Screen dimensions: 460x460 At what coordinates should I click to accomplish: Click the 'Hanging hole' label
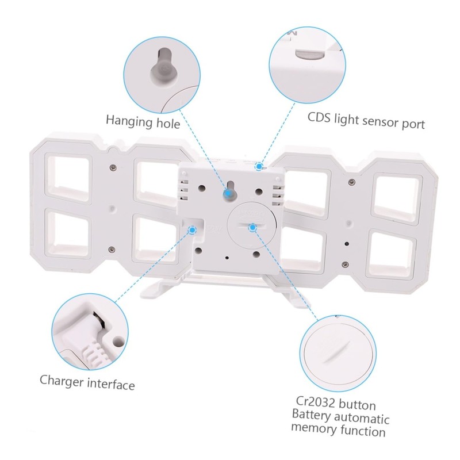click(143, 122)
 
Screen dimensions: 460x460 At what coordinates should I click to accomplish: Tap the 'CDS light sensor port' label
click(366, 121)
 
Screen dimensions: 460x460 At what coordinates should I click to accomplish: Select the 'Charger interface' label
click(87, 382)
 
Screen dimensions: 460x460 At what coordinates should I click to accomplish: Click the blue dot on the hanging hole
click(227, 193)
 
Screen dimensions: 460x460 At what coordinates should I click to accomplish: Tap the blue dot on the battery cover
click(252, 227)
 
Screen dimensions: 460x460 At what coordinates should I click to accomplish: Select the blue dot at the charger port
click(192, 230)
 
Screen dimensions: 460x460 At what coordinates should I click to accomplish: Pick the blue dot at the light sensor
click(259, 167)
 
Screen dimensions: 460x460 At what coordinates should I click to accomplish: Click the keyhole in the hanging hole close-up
click(164, 67)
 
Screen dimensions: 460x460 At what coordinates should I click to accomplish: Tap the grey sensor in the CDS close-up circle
click(310, 54)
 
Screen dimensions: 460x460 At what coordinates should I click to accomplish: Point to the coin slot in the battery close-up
click(338, 351)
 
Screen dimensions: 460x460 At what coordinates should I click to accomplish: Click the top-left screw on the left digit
click(112, 167)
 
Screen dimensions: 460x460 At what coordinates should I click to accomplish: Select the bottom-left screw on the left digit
click(111, 250)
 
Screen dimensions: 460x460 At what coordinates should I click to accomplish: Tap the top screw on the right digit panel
click(352, 182)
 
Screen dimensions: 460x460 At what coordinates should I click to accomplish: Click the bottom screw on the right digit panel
click(346, 264)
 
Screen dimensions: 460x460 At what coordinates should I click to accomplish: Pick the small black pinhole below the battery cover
click(227, 258)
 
